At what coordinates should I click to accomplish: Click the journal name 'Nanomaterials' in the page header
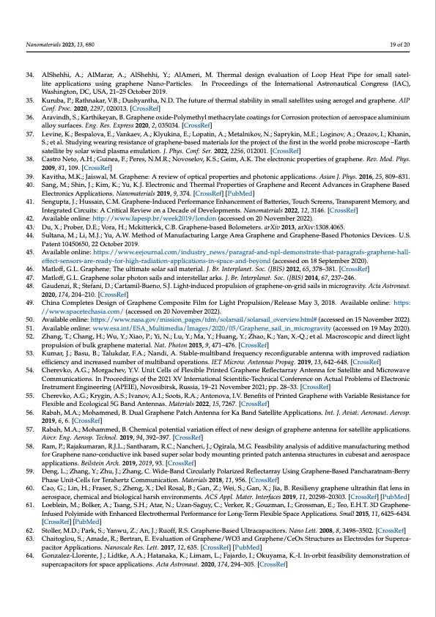pyautogui.click(x=40, y=45)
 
